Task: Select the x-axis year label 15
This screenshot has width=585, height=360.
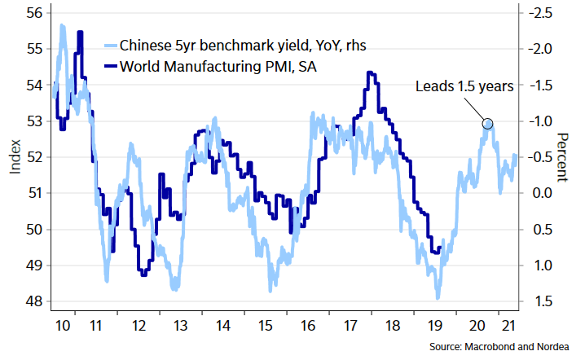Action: [x=265, y=325]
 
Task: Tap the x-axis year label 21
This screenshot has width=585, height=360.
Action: [x=508, y=325]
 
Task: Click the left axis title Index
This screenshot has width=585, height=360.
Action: [x=14, y=157]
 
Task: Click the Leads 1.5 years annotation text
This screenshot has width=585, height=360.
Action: [x=464, y=86]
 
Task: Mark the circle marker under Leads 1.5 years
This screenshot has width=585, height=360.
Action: [x=487, y=124]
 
